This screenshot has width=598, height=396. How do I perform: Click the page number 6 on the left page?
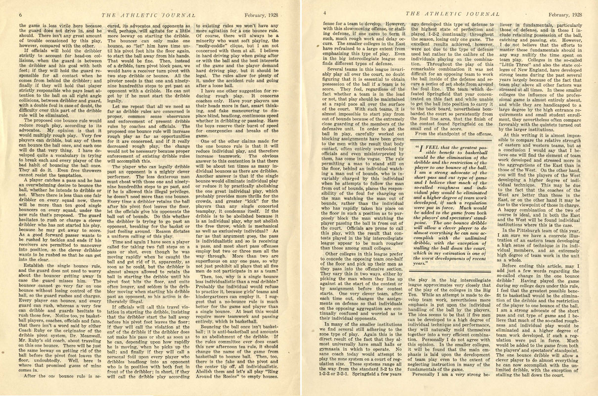[21, 14]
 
